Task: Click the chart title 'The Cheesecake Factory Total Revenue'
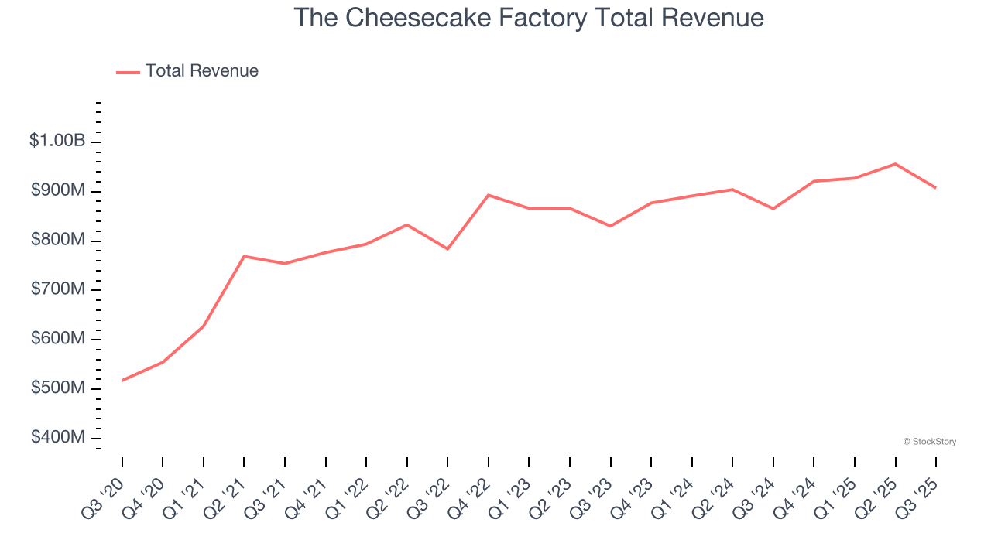[529, 18]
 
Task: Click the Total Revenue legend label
[201, 71]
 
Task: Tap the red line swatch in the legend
[128, 72]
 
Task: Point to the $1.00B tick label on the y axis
[57, 141]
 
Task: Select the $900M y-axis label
[58, 191]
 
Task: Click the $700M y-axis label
[58, 289]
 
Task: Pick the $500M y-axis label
[58, 388]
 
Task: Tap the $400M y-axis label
[58, 437]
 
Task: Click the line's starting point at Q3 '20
[122, 380]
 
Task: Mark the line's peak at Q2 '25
[895, 164]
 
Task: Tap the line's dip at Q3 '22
[447, 248]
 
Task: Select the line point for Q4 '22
[489, 195]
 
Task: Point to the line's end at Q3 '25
[935, 187]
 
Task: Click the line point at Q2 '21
[244, 256]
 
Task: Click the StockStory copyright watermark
[929, 442]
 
